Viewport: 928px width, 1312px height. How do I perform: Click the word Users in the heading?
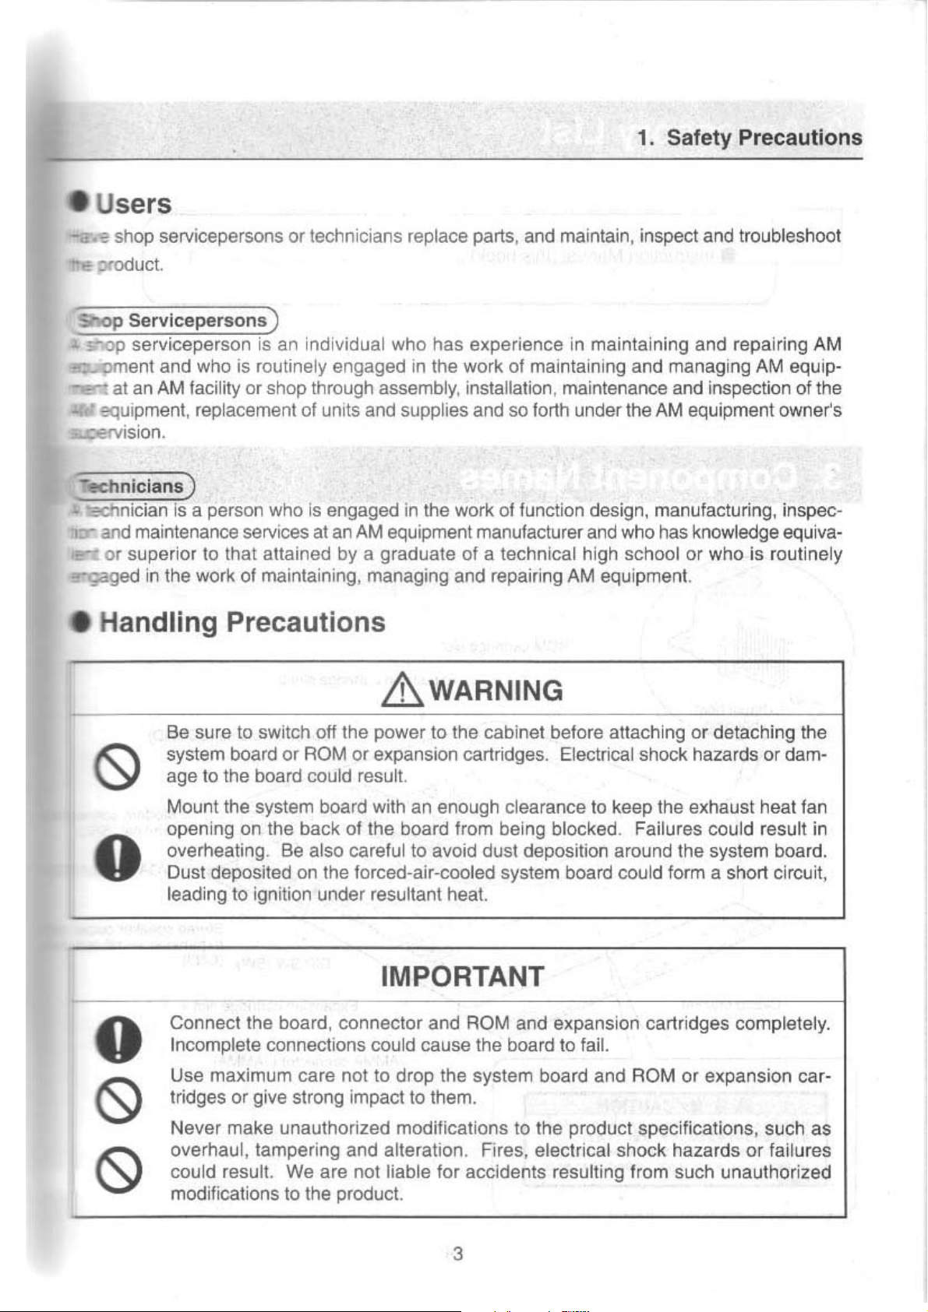tap(133, 204)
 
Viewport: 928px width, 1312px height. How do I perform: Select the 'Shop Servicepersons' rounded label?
tap(174, 321)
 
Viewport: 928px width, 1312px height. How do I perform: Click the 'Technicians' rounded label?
tap(132, 487)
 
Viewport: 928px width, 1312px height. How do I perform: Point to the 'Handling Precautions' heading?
tap(242, 622)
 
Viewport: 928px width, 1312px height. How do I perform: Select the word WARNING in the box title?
tap(496, 691)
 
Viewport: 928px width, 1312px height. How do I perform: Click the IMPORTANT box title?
tap(462, 976)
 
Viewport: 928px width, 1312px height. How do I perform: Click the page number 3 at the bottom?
tap(458, 1254)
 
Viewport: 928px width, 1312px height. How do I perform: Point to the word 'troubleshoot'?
tap(789, 236)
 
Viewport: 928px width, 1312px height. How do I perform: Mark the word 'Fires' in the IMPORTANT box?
tap(502, 1150)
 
